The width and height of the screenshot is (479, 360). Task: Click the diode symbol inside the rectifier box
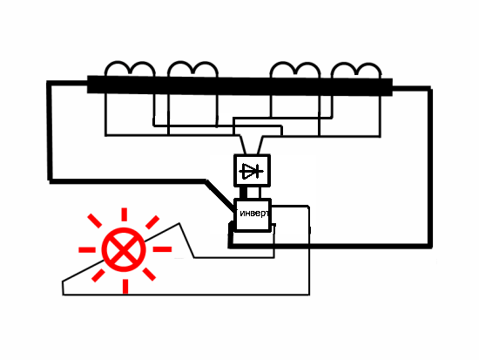click(252, 171)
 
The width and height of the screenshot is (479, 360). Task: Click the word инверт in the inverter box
click(254, 214)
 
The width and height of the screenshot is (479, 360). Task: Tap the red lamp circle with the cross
click(124, 249)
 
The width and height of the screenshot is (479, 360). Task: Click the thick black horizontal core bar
click(239, 85)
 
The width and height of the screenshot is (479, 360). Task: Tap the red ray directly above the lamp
click(124, 214)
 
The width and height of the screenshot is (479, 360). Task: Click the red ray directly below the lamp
click(125, 286)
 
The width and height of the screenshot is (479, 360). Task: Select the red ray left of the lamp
click(87, 250)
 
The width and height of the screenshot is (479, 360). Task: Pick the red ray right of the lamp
click(162, 249)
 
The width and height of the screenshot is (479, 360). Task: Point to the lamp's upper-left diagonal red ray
click(94, 221)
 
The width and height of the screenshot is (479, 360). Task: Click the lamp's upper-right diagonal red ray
click(152, 222)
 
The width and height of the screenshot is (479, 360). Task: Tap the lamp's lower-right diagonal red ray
click(150, 274)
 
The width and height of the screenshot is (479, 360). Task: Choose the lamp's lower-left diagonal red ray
click(98, 275)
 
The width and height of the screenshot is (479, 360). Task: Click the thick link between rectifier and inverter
click(244, 193)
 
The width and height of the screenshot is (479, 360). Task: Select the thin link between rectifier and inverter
click(260, 193)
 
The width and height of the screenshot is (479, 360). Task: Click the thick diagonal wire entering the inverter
click(220, 196)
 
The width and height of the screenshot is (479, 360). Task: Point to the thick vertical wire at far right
click(430, 167)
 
